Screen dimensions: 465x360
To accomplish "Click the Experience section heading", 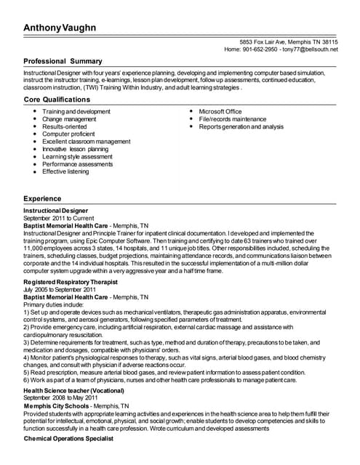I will click(42, 198).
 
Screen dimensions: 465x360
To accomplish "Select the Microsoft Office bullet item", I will click(220, 111).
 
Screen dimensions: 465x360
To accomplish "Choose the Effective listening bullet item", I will click(65, 171).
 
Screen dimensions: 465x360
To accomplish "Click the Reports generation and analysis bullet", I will click(241, 126).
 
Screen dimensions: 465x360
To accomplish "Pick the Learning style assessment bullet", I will click(77, 156).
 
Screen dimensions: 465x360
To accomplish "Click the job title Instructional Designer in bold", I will click(55, 211).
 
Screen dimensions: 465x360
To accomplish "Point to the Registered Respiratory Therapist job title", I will click(71, 281).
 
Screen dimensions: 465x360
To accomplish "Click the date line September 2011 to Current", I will click(54, 218).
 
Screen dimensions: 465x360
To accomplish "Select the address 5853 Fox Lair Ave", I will click(263, 42).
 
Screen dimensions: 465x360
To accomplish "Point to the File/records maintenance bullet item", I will click(233, 119).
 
